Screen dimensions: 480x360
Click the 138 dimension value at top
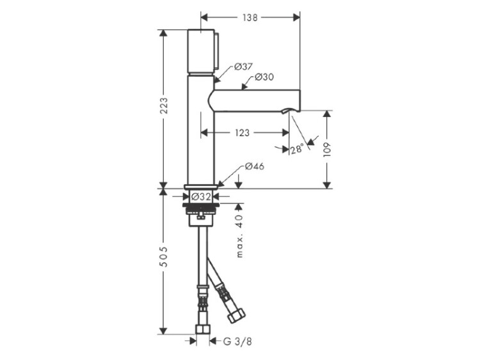[x=250, y=18]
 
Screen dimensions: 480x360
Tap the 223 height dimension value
[x=164, y=106]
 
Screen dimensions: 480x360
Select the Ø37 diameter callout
[x=243, y=67]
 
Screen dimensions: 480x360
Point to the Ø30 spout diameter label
[x=264, y=77]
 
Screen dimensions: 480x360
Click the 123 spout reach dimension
[x=242, y=133]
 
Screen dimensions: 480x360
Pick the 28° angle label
[x=297, y=149]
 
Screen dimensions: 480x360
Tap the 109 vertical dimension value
[x=327, y=150]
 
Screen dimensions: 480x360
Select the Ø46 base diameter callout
[x=254, y=166]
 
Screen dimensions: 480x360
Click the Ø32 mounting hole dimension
[x=201, y=197]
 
